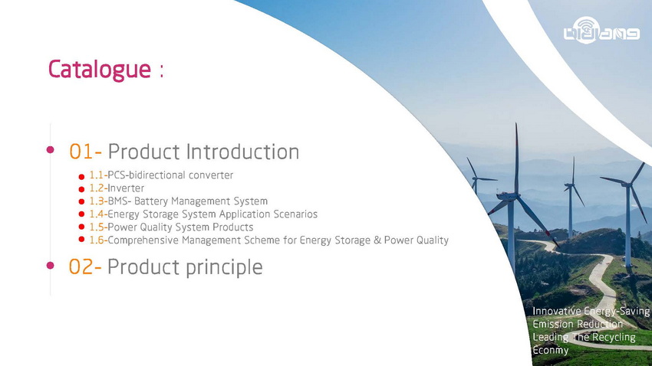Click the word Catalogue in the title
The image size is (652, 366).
coord(100,70)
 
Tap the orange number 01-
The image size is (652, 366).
coord(85,152)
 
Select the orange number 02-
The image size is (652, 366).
coord(85,266)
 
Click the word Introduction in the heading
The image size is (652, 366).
coord(242,152)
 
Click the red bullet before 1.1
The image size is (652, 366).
coord(81,177)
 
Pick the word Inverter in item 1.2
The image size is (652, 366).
coord(126,188)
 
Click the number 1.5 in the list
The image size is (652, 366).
coord(97,227)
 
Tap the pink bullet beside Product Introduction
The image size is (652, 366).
coord(51,149)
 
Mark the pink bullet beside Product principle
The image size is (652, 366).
coord(51,265)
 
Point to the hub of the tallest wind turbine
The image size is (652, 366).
coord(515,194)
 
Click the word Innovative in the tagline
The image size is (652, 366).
coord(557,311)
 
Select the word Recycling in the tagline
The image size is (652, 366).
coord(614,338)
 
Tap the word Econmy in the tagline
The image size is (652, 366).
coord(551,350)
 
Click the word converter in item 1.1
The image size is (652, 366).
coord(211,175)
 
